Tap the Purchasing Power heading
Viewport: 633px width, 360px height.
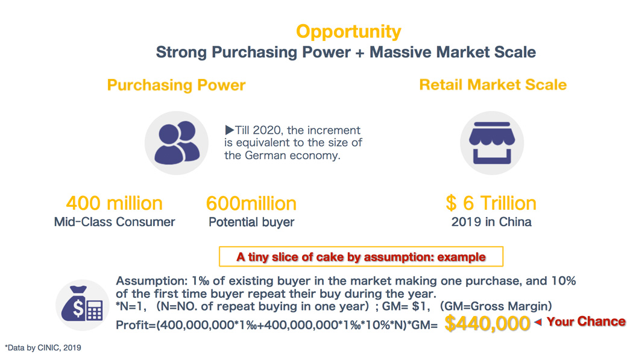pyautogui.click(x=176, y=86)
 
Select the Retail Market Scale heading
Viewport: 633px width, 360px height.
pyautogui.click(x=493, y=85)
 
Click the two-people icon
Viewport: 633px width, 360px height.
pyautogui.click(x=177, y=143)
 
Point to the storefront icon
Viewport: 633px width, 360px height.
pyautogui.click(x=492, y=143)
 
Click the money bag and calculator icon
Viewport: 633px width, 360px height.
pyautogui.click(x=83, y=305)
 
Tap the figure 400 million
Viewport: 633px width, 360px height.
pyautogui.click(x=115, y=203)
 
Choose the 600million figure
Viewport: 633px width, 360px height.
pyautogui.click(x=251, y=203)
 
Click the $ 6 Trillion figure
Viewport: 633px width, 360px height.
pyautogui.click(x=491, y=203)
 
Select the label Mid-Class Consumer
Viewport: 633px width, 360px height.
pyautogui.click(x=115, y=222)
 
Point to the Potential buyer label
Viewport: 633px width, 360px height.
pyautogui.click(x=251, y=223)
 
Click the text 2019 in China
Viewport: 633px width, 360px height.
pyautogui.click(x=491, y=222)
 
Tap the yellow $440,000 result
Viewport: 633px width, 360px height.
pyautogui.click(x=487, y=323)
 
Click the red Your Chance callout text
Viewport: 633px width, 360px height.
pyautogui.click(x=586, y=321)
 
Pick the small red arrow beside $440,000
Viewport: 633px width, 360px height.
pyautogui.click(x=538, y=322)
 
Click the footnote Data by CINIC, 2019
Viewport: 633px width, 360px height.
pyautogui.click(x=43, y=347)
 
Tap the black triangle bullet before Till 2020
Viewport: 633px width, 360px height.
pyautogui.click(x=229, y=130)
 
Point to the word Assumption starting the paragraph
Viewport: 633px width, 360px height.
pyautogui.click(x=152, y=281)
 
